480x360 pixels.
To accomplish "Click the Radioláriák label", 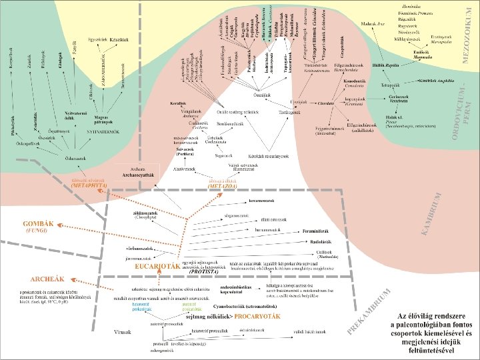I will (x=320, y=241).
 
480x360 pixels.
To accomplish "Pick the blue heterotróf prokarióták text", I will (x=142, y=307).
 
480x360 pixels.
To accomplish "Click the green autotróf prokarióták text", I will (x=191, y=307).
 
